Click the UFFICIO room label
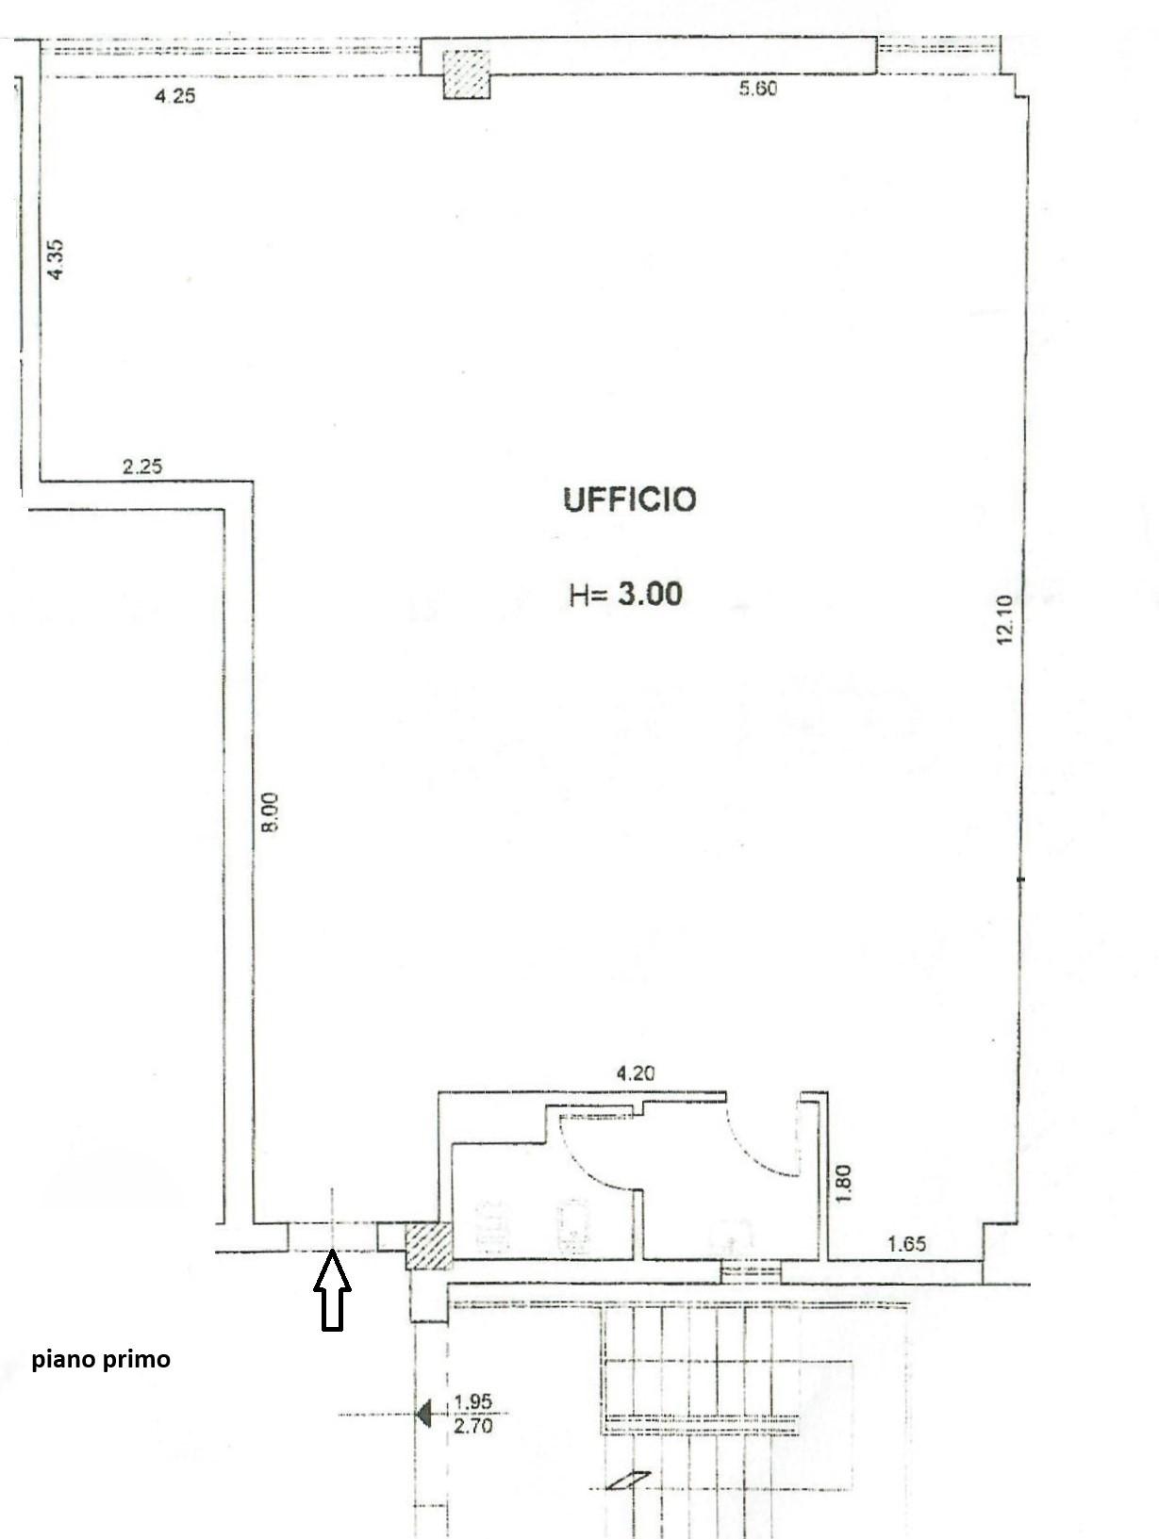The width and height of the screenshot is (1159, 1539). coord(629,499)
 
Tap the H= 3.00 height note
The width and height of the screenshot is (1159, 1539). coord(625,593)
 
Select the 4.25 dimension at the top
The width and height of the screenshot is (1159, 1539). coord(174,96)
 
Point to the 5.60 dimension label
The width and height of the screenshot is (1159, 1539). coord(757,89)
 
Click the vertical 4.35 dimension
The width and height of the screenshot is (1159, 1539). coord(56,259)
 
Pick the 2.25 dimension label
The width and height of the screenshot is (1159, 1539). coord(142,466)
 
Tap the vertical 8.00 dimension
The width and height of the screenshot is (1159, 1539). coord(270,812)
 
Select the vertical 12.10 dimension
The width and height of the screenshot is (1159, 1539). coord(1004,620)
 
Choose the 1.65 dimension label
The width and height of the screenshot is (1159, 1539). coord(906,1244)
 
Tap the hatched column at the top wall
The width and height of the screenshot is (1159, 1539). coord(466,74)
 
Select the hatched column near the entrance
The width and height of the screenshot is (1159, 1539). coord(429,1247)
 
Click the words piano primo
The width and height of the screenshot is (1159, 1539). coord(101,1360)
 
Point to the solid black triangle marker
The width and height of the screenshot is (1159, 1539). coord(423,1414)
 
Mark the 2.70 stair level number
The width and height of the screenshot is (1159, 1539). coord(472,1425)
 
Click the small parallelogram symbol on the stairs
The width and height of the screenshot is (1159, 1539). coord(628,1481)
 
